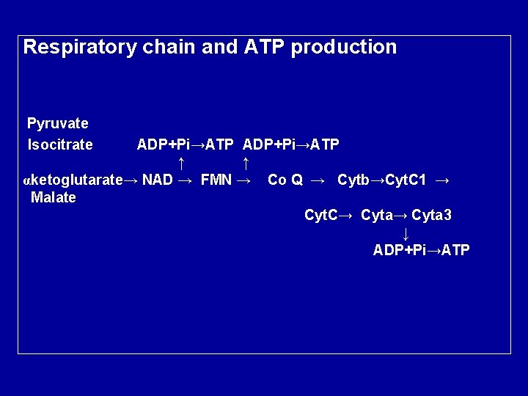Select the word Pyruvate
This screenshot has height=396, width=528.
(x=58, y=123)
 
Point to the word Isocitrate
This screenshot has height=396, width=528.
(x=60, y=144)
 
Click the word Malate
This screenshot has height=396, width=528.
(x=54, y=198)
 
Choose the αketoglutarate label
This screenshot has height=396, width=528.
(x=73, y=180)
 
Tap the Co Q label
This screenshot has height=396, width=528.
(x=285, y=180)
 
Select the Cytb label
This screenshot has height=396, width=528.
(x=353, y=180)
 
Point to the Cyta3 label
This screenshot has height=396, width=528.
(x=432, y=216)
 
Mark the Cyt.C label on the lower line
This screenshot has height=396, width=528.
(x=321, y=216)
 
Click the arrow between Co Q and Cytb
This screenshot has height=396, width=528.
(x=318, y=180)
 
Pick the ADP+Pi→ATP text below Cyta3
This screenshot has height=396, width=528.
(x=421, y=251)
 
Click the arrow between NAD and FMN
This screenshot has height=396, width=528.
(x=186, y=180)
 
